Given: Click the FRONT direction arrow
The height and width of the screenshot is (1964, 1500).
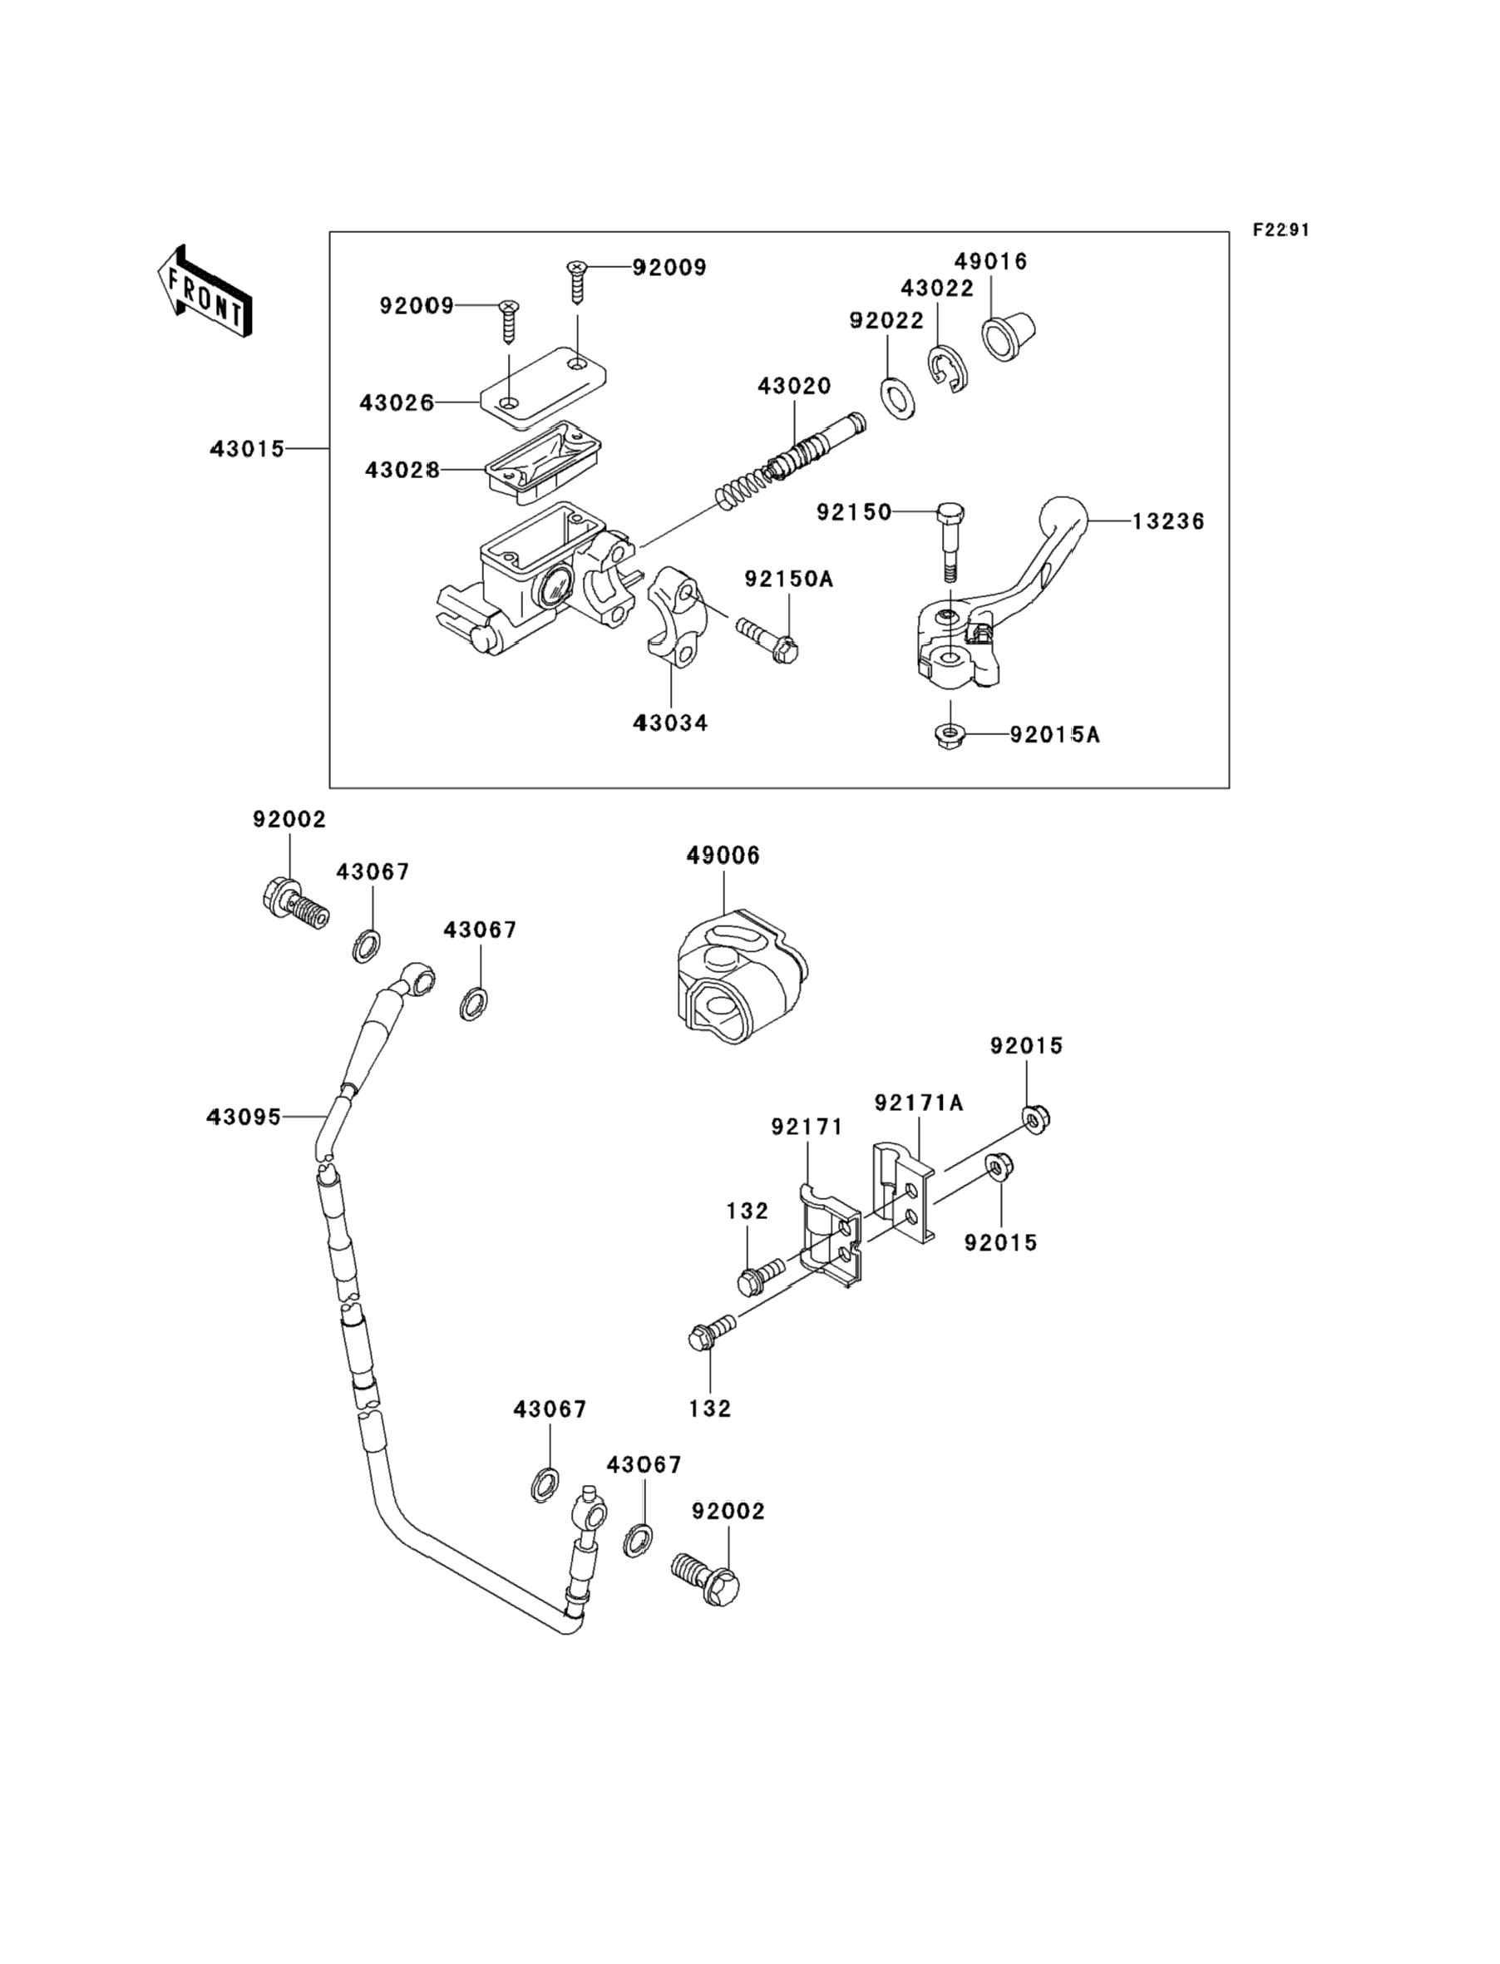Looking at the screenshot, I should (205, 291).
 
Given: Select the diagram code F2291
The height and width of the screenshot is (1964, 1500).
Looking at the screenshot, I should (1280, 230).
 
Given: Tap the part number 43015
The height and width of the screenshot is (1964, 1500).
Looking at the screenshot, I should (247, 449).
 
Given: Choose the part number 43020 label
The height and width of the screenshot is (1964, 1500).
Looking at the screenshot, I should (794, 387).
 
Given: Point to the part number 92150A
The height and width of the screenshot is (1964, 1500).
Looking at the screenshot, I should (788, 580).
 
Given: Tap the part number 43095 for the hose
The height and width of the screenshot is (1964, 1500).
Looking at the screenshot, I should (244, 1117).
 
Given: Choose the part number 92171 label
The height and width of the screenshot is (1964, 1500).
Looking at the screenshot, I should (807, 1128).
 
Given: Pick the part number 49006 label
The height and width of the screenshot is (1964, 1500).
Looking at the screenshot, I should (723, 856).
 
